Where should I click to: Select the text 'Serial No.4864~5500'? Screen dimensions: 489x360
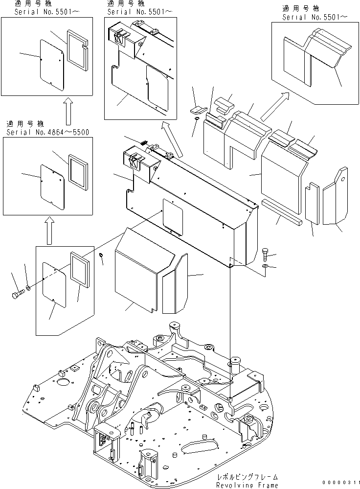(x=48, y=132)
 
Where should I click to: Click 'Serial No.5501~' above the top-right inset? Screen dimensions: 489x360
(x=315, y=17)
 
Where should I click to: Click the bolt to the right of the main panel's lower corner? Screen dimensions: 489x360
(x=265, y=253)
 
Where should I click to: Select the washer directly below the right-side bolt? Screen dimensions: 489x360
(x=265, y=266)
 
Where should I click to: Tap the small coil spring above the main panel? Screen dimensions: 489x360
(x=143, y=142)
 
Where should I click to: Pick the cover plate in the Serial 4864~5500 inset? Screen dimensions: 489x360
(x=52, y=186)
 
